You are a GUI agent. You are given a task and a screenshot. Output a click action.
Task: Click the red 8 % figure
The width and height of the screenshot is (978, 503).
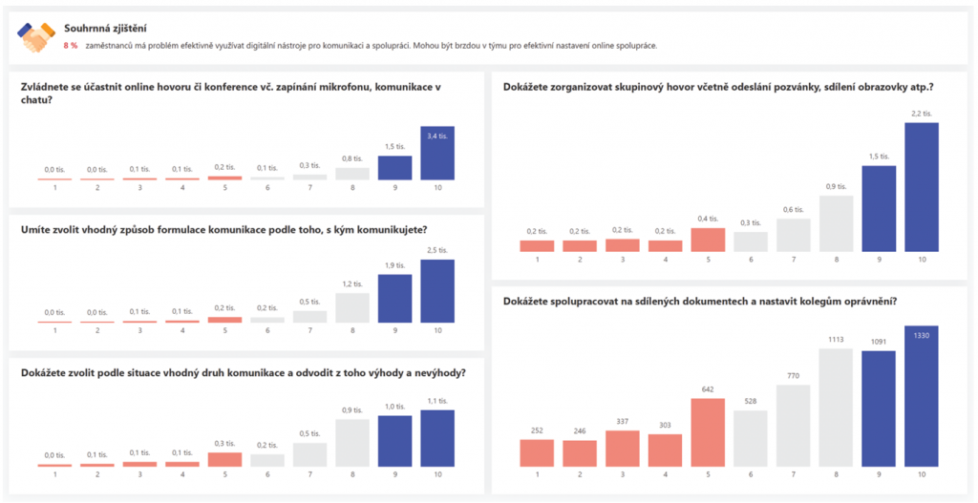tap(71, 46)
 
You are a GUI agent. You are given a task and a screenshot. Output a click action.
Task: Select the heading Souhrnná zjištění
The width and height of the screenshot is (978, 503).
tap(105, 30)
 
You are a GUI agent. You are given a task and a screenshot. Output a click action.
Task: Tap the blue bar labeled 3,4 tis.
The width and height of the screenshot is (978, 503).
tap(437, 153)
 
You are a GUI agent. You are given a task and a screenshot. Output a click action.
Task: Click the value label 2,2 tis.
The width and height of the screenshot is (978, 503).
tap(922, 114)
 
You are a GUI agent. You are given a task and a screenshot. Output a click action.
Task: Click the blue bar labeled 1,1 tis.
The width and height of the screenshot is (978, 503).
tap(437, 438)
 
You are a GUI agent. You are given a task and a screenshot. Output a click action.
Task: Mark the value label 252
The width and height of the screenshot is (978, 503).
tap(537, 430)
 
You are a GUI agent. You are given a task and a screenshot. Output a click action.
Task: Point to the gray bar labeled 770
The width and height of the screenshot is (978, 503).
tap(793, 425)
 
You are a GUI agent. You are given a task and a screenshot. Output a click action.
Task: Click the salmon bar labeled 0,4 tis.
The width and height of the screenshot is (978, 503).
tap(708, 240)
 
